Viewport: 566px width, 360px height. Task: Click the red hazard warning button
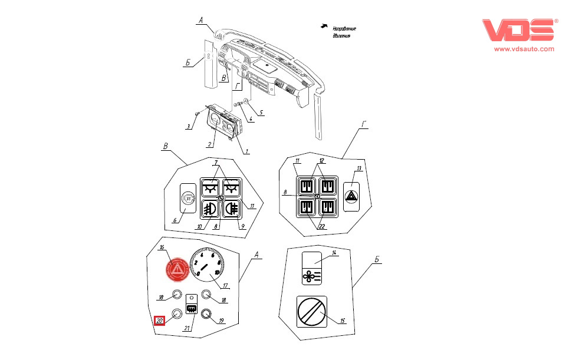click(x=177, y=269)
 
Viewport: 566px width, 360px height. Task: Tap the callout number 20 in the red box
click(x=160, y=321)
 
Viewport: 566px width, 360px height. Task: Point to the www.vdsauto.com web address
click(x=524, y=49)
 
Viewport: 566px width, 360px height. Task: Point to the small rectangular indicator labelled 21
click(x=191, y=306)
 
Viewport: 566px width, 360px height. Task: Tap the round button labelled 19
click(x=206, y=313)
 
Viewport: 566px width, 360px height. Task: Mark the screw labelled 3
click(x=196, y=115)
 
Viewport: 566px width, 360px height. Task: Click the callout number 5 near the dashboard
click(x=261, y=111)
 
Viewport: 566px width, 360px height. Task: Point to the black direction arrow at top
click(x=324, y=26)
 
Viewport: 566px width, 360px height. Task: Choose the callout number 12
click(x=322, y=160)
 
